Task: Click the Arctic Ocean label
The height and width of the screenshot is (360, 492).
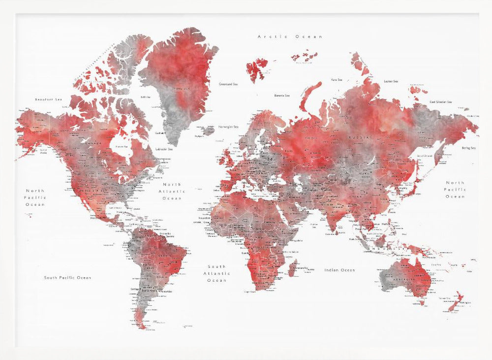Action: pos(290,36)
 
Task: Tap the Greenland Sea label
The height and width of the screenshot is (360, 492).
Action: pos(228,84)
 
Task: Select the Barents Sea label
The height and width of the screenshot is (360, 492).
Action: pos(282,96)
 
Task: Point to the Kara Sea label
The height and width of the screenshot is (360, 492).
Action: pos(337,79)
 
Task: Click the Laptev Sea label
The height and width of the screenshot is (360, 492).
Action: pos(391,81)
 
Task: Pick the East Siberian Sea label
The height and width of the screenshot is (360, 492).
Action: pos(440,102)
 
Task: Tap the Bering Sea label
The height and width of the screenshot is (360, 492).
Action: pos(468,148)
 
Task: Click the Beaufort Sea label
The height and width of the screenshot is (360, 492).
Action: pos(49,99)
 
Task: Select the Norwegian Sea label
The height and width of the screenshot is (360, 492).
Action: pos(228,126)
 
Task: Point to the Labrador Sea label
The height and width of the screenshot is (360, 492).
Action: pos(164,149)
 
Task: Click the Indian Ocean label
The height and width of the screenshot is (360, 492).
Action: pos(339,270)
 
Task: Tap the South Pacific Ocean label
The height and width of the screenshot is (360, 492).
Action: pos(67,278)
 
